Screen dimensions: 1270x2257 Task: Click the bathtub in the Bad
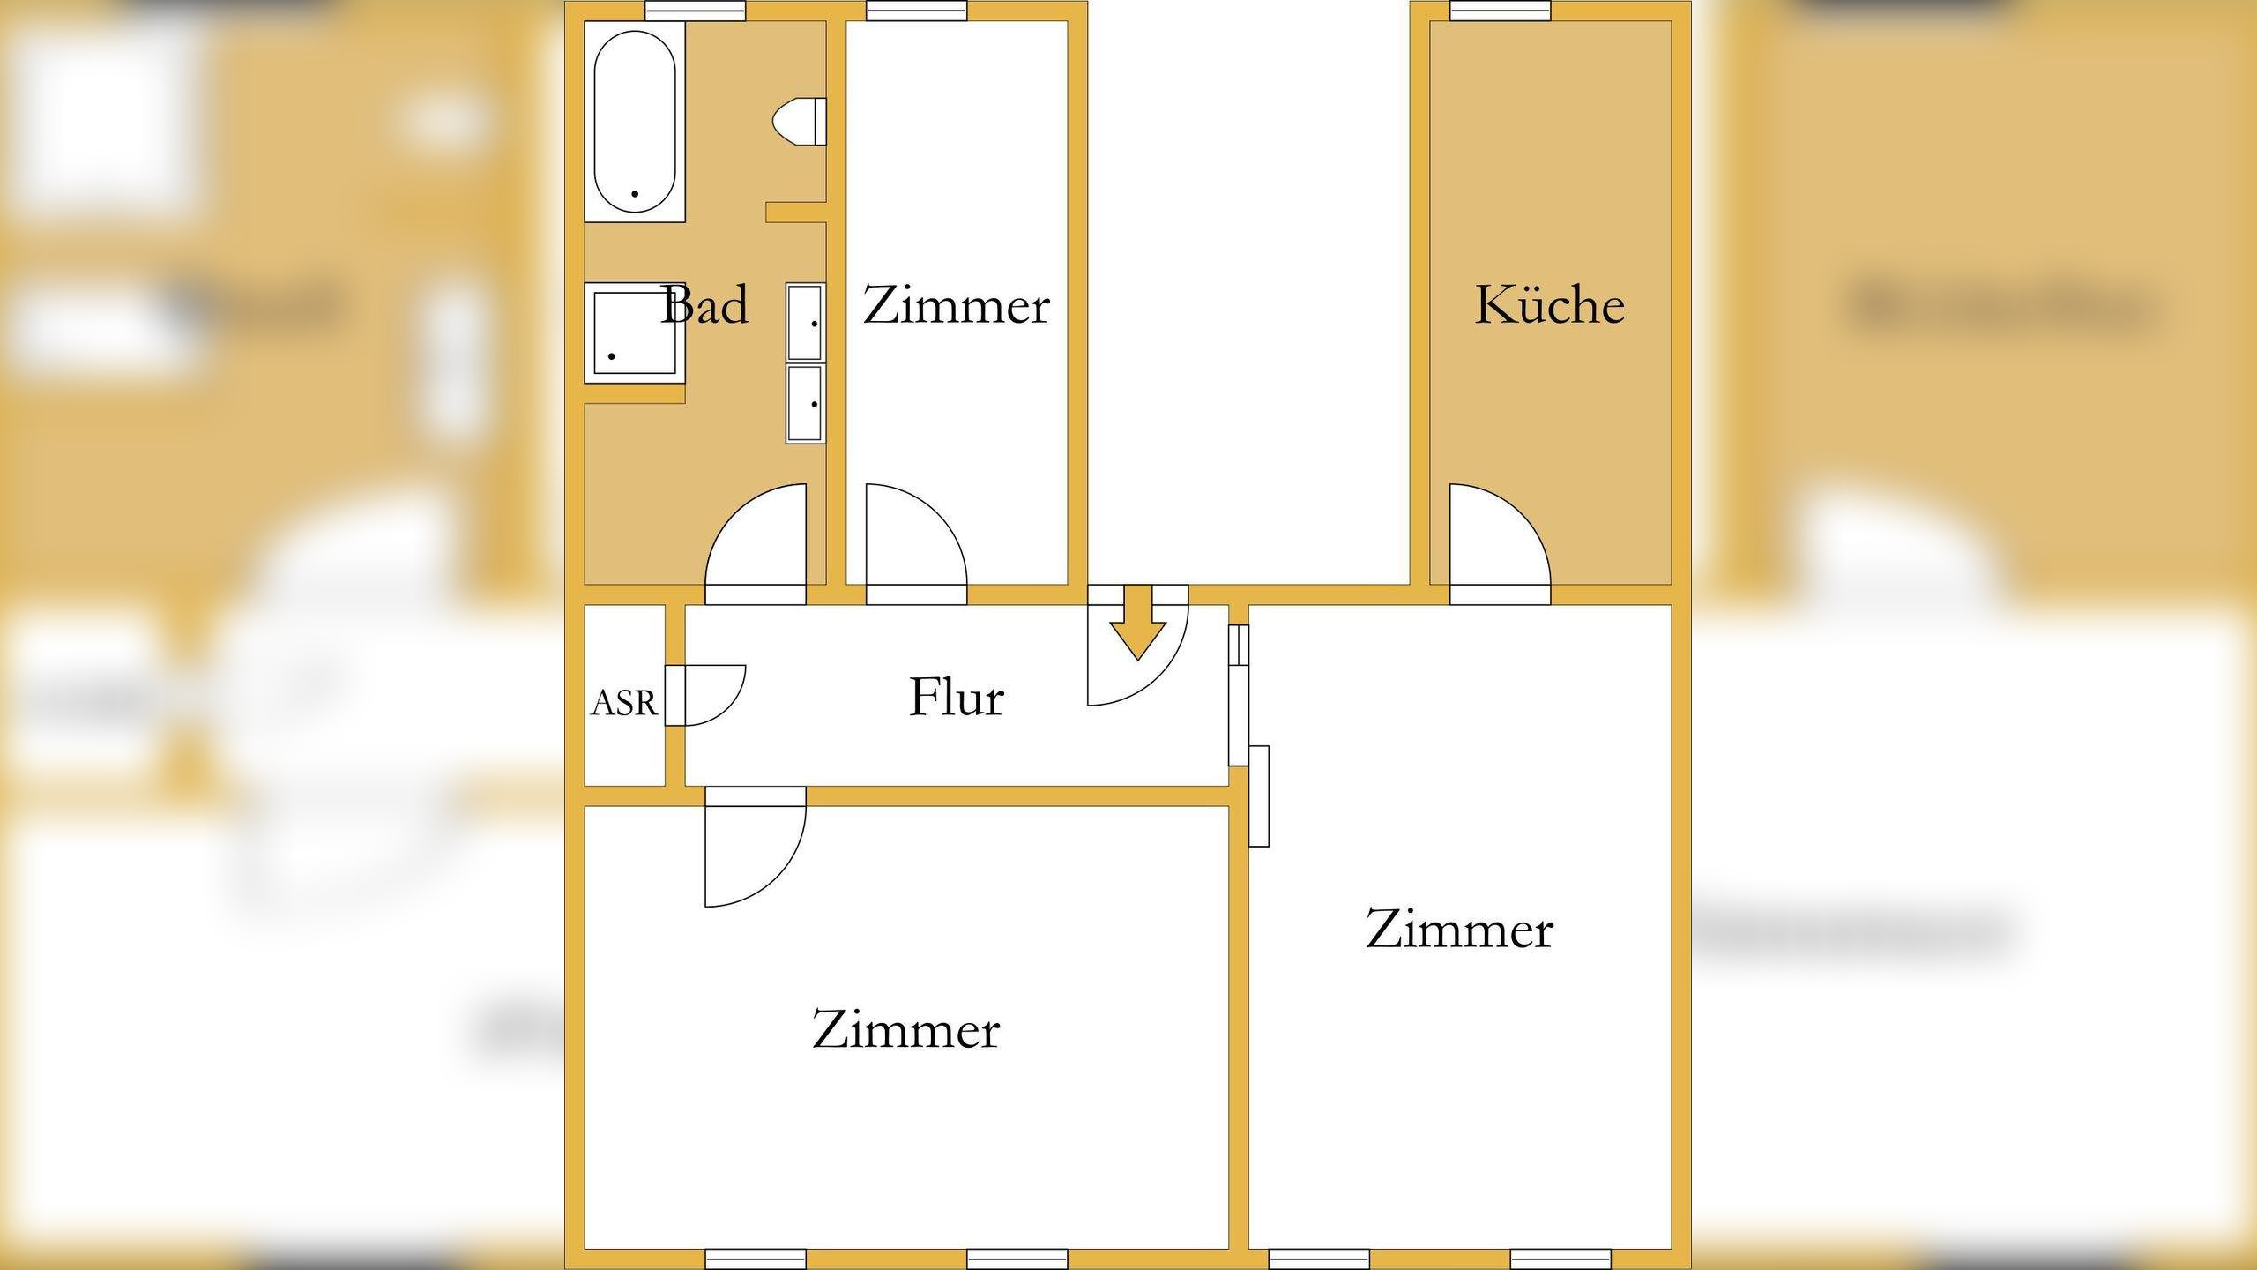pos(635,122)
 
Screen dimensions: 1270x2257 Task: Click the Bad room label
pos(704,305)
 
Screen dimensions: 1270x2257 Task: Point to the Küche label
pos(1549,305)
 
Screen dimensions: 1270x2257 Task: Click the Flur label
pos(956,697)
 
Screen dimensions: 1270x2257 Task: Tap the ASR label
pos(624,703)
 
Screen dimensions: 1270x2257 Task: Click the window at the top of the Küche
pos(1500,11)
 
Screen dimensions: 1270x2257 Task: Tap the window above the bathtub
pos(696,11)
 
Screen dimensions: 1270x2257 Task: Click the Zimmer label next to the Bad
pos(956,305)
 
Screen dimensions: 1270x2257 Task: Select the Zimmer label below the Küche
pos(1459,930)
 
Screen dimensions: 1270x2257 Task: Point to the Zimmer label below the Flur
pos(905,1029)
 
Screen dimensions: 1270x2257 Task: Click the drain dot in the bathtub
pos(634,193)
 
